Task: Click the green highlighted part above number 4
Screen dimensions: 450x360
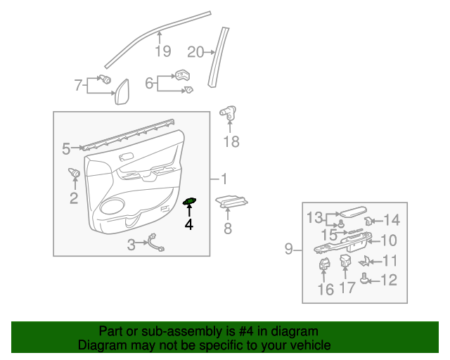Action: point(189,201)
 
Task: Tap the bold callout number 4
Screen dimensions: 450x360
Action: point(189,225)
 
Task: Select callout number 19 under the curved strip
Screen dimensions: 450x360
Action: point(162,51)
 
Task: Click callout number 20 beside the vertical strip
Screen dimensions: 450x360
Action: point(195,52)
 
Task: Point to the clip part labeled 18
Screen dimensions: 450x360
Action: point(228,112)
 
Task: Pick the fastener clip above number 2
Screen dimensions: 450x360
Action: point(75,172)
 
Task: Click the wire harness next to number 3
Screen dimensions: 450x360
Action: point(156,243)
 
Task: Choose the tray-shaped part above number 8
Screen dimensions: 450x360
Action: point(231,201)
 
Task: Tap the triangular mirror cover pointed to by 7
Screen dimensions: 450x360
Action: point(122,92)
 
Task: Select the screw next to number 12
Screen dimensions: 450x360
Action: point(364,278)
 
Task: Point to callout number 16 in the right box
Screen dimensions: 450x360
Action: point(326,290)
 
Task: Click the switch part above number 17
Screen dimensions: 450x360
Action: point(345,260)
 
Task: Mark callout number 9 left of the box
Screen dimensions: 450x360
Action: point(289,249)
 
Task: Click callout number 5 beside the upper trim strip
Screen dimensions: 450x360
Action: point(66,149)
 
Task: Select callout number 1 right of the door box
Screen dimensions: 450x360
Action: point(224,179)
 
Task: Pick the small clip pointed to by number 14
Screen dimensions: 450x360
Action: point(368,221)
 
